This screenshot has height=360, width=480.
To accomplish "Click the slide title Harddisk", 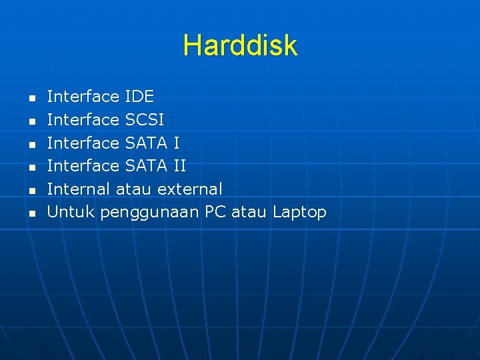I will point(240,45).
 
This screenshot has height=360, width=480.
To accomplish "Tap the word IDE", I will point(139,97).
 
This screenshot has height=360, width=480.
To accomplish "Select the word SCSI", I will point(144,120).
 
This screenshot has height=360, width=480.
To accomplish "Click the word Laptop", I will point(299,213).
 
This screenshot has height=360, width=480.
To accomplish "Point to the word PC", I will point(216,212).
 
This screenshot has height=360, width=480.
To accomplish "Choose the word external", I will point(189,189).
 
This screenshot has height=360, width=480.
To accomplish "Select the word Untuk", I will point(71,212).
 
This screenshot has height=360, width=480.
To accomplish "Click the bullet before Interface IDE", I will point(31,99).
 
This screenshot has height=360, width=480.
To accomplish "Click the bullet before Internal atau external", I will point(31,191).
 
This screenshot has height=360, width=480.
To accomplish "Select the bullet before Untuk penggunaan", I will point(31,214).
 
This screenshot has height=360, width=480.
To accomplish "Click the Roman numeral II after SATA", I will point(179,166).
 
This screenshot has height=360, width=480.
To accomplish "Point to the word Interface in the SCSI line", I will point(83,120).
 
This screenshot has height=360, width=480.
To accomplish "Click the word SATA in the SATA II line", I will point(146,166).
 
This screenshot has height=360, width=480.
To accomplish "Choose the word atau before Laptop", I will point(250,212).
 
